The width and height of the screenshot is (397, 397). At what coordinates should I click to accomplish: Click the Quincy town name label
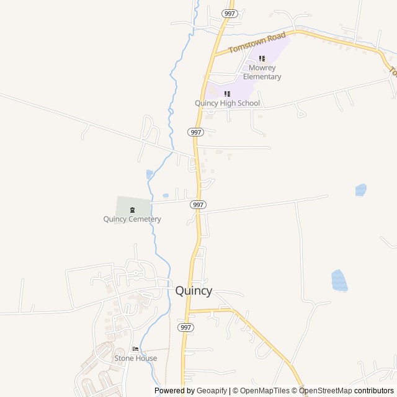tap(194, 290)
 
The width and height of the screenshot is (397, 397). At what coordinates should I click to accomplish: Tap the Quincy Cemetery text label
tap(132, 219)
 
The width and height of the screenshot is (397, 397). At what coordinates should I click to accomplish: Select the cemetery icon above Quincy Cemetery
tap(132, 210)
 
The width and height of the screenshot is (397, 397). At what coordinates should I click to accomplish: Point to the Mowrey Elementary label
tap(262, 72)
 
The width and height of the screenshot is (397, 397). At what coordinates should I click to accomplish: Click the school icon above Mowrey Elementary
tap(262, 58)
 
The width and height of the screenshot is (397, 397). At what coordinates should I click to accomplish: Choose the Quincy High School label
tap(227, 103)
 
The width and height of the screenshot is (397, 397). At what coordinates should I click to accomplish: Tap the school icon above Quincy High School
tap(227, 94)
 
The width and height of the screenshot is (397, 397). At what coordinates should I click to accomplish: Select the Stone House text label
tap(135, 359)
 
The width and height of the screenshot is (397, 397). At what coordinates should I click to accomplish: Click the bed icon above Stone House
tap(135, 349)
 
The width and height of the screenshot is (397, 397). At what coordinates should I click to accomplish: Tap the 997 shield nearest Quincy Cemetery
tap(198, 204)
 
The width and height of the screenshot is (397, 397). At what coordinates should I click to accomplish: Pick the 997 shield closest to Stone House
tap(185, 327)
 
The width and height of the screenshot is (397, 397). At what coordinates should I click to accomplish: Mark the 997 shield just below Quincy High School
tap(196, 132)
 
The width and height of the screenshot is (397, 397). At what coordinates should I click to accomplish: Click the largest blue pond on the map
tap(339, 280)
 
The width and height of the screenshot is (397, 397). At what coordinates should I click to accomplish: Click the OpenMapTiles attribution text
tap(264, 391)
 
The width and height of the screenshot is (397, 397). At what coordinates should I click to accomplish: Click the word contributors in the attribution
tap(374, 391)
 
